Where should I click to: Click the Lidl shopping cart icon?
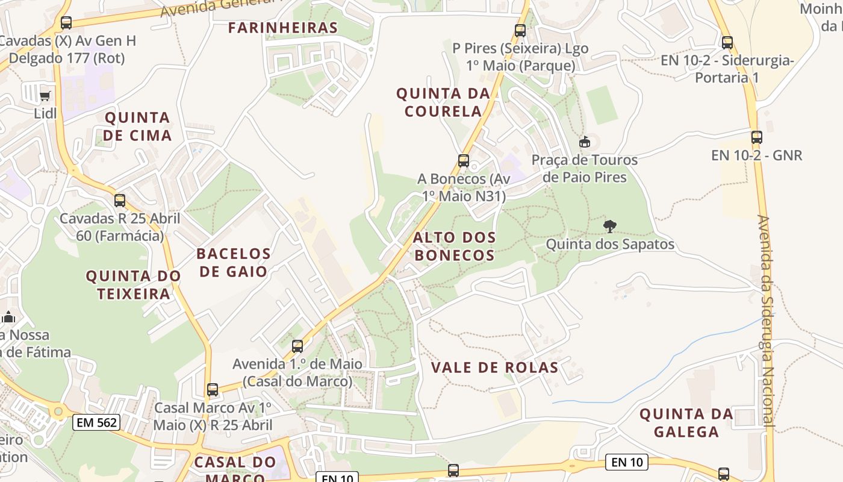click(45, 96)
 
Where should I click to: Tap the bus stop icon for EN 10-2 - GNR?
click(756, 137)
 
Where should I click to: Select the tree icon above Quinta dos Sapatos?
click(610, 227)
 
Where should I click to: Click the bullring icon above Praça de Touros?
click(584, 142)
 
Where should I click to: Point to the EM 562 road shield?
click(96, 422)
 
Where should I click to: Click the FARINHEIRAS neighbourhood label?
click(283, 28)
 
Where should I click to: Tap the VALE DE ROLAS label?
click(494, 368)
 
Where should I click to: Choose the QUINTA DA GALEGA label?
click(686, 423)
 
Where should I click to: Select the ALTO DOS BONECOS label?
click(455, 246)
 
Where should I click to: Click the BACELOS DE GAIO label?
click(234, 262)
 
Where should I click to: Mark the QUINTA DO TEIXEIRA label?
click(133, 285)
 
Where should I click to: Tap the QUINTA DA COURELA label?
click(443, 102)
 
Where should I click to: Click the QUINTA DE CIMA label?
click(137, 126)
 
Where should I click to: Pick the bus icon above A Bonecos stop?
click(463, 161)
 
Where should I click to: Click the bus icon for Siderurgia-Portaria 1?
click(727, 43)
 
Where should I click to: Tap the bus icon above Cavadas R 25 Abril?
click(120, 201)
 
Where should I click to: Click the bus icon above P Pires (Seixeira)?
click(520, 30)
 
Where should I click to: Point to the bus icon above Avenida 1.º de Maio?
click(297, 346)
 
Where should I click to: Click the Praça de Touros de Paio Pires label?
click(584, 169)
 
